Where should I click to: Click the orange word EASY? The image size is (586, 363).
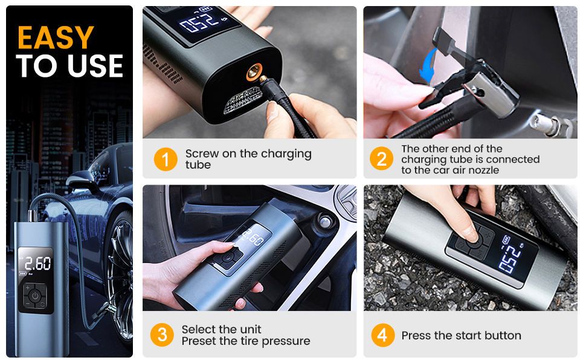tap(56, 38)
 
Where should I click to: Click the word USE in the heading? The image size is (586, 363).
tap(95, 65)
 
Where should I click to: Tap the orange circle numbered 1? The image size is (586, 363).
tap(166, 159)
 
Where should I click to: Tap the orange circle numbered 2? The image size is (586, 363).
tap(381, 159)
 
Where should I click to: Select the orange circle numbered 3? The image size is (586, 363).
tap(162, 335)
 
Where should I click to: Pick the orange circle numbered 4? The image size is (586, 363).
tap(382, 335)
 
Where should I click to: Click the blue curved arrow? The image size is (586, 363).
tap(428, 66)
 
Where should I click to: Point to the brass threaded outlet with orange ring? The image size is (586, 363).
tap(254, 71)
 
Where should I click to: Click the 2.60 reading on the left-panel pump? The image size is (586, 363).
tap(37, 263)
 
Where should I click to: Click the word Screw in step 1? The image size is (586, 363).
tap(202, 154)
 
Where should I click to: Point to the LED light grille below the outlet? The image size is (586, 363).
tap(242, 100)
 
